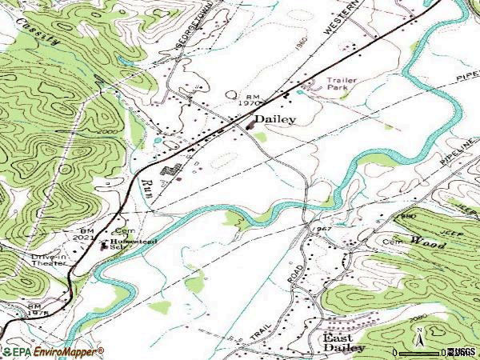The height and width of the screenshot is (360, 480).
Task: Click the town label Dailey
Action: coord(274,119)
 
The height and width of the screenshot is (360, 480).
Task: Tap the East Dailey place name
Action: coord(344,342)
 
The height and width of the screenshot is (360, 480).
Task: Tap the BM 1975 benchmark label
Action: coord(34,310)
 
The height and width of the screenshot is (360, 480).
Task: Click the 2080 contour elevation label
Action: coord(417,318)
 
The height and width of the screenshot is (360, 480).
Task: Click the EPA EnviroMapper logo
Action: coord(53,351)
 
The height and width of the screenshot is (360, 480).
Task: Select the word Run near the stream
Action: coord(148,187)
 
